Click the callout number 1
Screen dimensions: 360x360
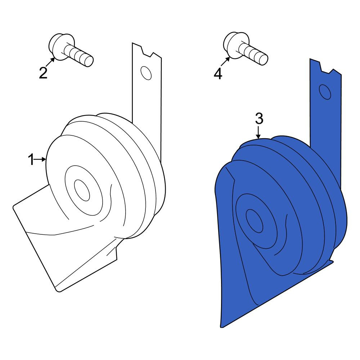pos(31,159)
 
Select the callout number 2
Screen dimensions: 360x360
pos(43,73)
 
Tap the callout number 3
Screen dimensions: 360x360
pos(259,119)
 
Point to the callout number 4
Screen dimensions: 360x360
pos(218,74)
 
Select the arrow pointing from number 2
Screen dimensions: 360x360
pos(50,62)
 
